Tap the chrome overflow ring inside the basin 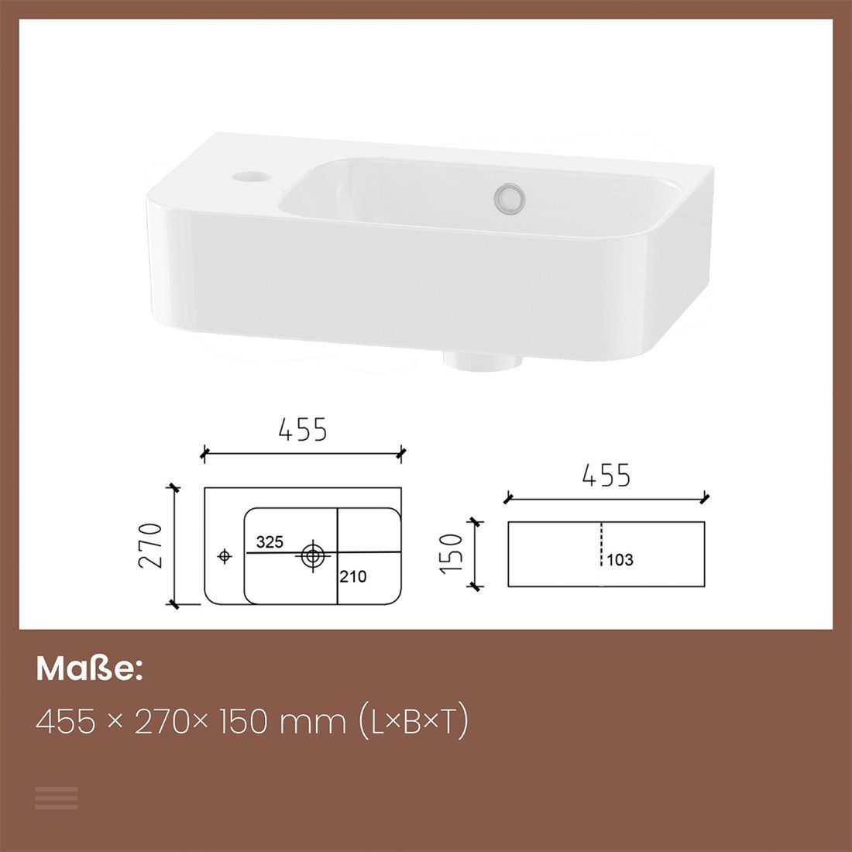510,197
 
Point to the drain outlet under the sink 483,362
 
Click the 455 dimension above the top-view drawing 303,429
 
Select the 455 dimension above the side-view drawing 606,475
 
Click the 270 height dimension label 150,545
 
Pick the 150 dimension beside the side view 451,552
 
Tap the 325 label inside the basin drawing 270,541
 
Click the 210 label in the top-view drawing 353,576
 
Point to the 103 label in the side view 620,560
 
